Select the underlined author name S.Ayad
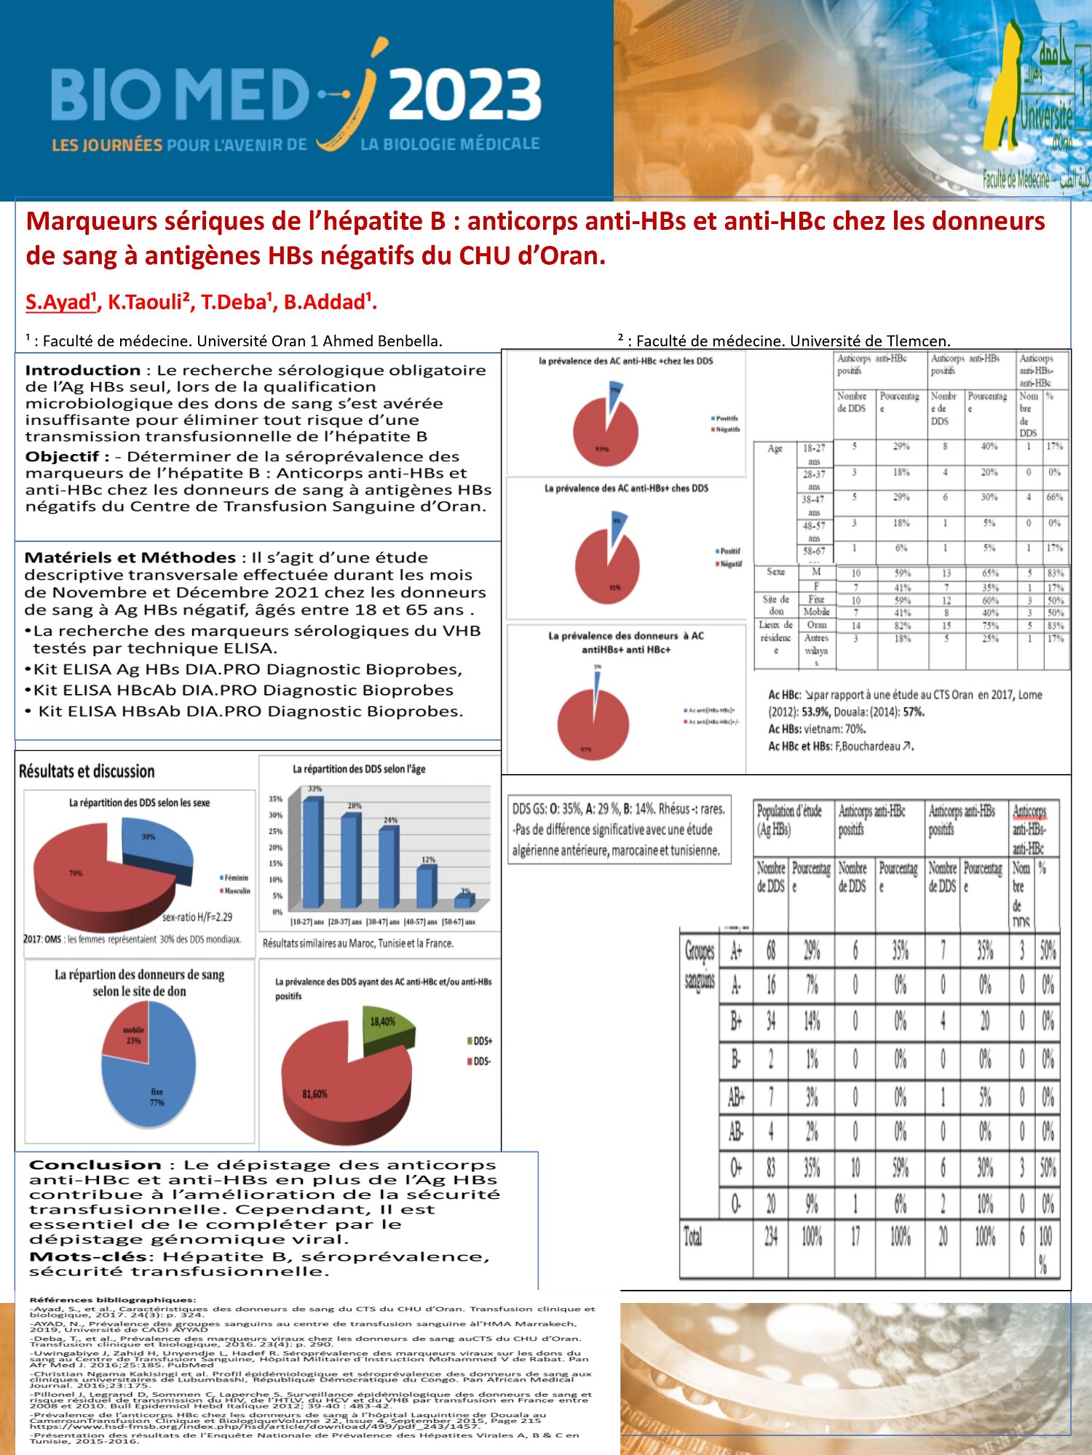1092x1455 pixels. coord(61,302)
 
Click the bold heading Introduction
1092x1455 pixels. coord(83,370)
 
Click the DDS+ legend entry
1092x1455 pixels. coord(480,1041)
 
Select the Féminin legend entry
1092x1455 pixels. coord(234,877)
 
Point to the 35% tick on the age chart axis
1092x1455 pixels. coord(276,799)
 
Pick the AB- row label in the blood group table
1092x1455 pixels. coord(736,1131)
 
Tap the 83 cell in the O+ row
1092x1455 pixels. coord(771,1168)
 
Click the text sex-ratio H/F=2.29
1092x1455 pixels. coord(197,917)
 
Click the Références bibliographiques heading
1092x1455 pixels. coord(113,1299)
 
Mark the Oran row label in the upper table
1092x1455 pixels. coord(816,625)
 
